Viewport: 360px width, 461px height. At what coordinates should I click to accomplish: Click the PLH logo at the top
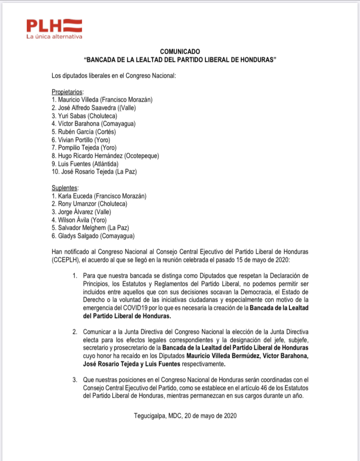pyautogui.click(x=54, y=24)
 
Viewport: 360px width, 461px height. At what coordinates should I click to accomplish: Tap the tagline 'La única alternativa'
pyautogui.click(x=54, y=36)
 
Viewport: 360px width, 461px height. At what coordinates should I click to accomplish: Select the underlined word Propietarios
pyautogui.click(x=67, y=92)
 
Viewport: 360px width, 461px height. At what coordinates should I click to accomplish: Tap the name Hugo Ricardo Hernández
pyautogui.click(x=90, y=156)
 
